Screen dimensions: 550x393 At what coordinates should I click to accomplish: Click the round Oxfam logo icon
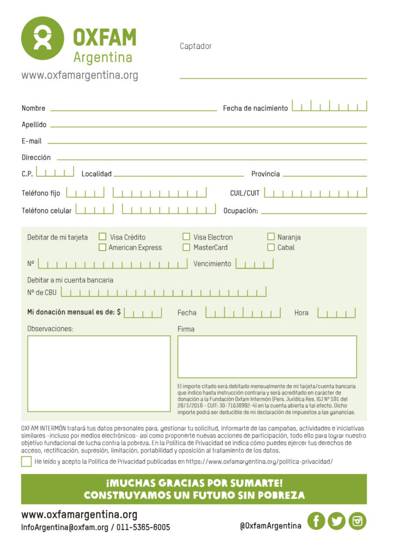tap(42, 38)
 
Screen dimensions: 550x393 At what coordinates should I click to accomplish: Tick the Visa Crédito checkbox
tap(103, 236)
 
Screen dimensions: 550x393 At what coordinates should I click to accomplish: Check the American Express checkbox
tap(103, 248)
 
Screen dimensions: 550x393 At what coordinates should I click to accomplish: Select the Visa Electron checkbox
tap(186, 236)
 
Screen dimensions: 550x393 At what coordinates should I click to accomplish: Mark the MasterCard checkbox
tap(186, 248)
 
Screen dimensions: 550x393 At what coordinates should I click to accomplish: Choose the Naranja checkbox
tap(271, 236)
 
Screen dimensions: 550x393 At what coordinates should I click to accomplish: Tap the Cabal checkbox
tap(271, 248)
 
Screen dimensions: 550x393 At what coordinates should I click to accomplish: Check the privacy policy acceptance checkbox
tap(26, 461)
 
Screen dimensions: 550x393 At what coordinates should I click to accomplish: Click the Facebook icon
tap(316, 520)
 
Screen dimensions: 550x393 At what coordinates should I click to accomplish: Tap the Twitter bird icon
tap(337, 520)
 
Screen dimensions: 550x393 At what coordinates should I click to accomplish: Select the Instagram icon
tap(358, 520)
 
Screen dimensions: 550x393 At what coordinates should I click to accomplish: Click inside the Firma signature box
tap(267, 357)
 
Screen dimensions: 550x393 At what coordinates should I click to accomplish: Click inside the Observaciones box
tap(99, 373)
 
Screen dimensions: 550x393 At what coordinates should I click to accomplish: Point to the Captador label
tap(195, 46)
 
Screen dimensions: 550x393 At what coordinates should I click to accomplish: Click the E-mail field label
tap(32, 141)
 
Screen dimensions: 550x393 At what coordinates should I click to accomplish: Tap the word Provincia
tap(265, 174)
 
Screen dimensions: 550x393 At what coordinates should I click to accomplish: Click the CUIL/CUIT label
tap(245, 193)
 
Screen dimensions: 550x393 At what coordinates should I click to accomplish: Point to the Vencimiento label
tap(212, 264)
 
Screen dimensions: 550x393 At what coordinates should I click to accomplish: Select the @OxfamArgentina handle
tap(271, 526)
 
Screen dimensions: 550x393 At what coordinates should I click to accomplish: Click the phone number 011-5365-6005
tap(143, 527)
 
